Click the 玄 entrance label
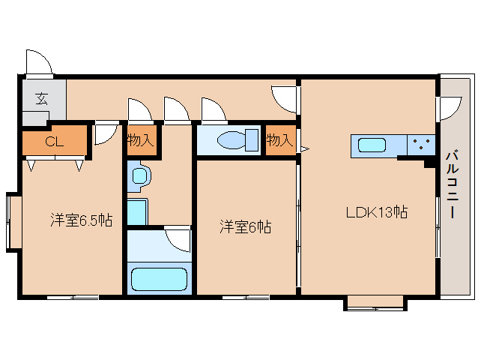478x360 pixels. point(42,98)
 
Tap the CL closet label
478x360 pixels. point(54,142)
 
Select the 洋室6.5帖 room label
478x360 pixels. point(82,220)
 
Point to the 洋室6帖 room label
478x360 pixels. point(246,227)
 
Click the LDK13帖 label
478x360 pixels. point(377,212)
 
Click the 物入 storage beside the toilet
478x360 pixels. point(280,140)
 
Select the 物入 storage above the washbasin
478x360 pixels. point(140,140)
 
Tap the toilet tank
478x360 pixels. point(252,140)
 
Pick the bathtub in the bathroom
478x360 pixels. point(159,279)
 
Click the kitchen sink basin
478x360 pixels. point(372,145)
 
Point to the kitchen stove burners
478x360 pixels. point(421,144)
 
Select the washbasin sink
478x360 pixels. point(140,176)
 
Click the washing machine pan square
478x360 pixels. point(137,211)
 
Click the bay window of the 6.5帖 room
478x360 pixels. point(14,222)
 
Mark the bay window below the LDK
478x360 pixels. point(375,303)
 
